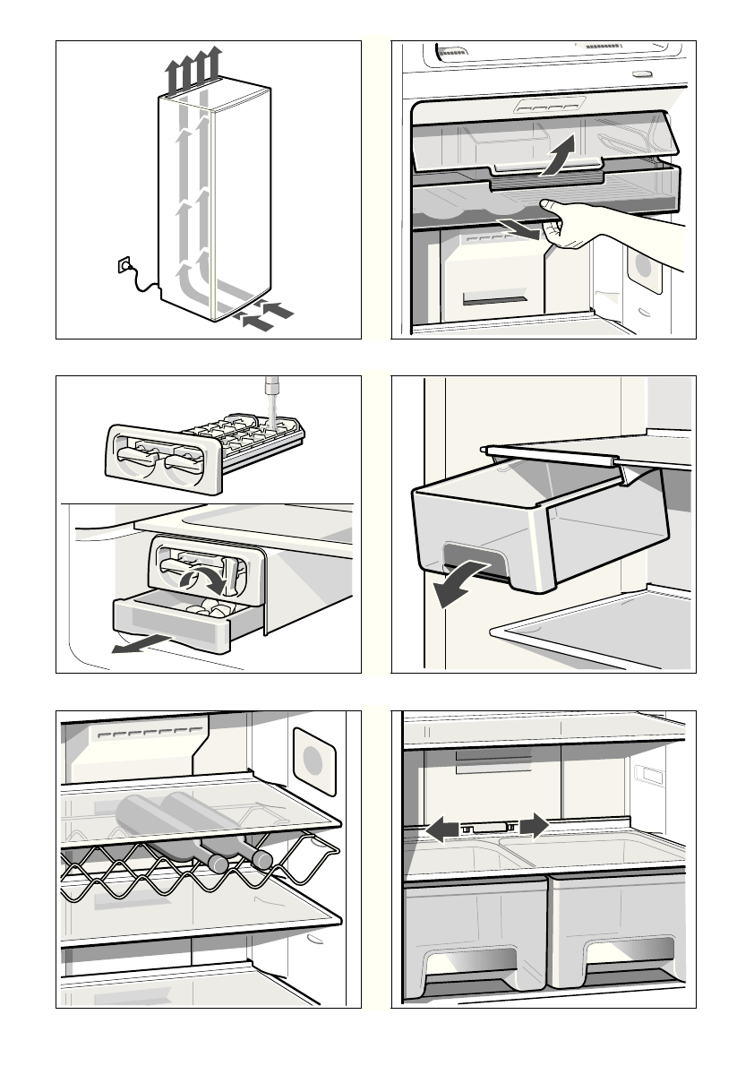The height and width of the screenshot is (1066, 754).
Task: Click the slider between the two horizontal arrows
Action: pyautogui.click(x=488, y=829)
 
